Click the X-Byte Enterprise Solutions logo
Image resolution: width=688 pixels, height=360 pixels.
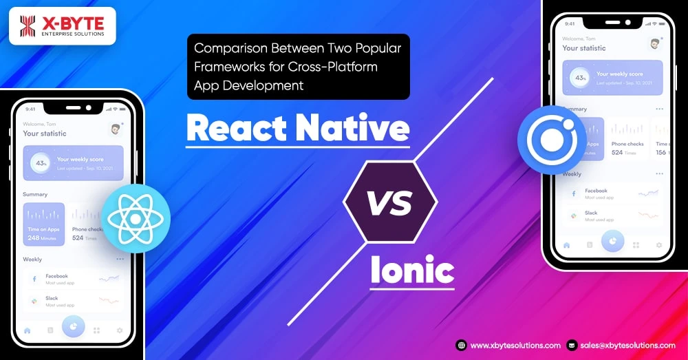click(62, 26)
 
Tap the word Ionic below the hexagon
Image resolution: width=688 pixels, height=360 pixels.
click(412, 270)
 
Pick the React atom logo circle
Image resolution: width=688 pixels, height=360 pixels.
click(135, 219)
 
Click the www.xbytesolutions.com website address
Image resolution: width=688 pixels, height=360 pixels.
click(515, 346)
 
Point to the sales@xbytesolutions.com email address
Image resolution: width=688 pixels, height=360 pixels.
click(627, 346)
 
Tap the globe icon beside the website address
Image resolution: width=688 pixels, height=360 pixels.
click(462, 346)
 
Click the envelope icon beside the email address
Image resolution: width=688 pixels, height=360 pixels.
click(572, 346)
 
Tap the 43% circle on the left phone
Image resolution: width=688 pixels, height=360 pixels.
click(41, 163)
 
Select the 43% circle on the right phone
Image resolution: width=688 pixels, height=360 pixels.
click(580, 78)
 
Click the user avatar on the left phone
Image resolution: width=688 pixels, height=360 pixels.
click(115, 129)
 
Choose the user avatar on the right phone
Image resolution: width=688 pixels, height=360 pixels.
click(654, 44)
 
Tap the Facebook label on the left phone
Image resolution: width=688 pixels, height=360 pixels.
click(56, 276)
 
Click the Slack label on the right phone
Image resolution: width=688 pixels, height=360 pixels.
click(592, 213)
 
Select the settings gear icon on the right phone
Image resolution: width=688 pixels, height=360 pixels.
click(659, 244)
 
